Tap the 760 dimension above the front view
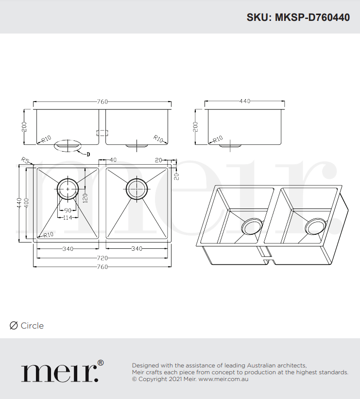point(102,102)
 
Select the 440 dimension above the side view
point(244,102)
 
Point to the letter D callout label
point(88,155)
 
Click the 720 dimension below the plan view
point(102,258)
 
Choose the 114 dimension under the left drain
point(67,217)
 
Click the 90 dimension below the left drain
point(67,210)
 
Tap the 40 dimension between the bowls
point(113,159)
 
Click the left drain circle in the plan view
point(68,188)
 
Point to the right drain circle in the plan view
point(137,188)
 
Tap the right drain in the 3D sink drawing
point(315,228)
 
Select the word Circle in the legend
point(32,326)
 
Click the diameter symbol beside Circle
point(14,326)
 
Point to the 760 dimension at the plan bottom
point(102,267)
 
